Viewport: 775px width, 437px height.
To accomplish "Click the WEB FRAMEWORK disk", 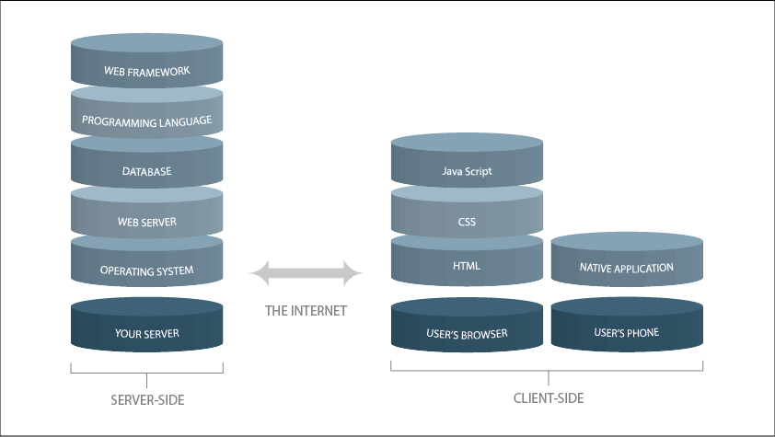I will click(146, 71).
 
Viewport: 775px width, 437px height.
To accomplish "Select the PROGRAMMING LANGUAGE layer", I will click(146, 121).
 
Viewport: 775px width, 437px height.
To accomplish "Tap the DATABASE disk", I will click(146, 171).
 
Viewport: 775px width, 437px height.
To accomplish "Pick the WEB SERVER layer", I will click(146, 222).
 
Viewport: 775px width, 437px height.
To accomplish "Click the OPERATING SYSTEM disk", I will click(146, 270).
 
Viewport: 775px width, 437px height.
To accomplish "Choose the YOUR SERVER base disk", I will click(146, 333).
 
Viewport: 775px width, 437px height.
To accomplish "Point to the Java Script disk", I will click(467, 171).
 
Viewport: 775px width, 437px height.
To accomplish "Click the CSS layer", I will click(467, 222).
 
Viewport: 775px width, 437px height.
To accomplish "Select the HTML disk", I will click(467, 267).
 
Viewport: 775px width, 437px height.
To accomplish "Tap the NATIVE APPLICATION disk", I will click(627, 268).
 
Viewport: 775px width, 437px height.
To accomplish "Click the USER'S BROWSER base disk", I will click(467, 333).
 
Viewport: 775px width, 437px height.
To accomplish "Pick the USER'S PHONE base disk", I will click(627, 333).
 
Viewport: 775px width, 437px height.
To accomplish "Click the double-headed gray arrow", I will click(307, 273).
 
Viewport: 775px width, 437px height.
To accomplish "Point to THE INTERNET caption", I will click(306, 311).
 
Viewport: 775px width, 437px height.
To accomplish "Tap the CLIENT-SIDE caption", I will click(549, 398).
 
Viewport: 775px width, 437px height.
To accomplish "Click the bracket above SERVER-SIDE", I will click(147, 373).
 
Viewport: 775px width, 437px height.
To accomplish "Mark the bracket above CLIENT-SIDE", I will click(549, 371).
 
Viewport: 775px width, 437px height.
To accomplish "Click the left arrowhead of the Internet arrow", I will click(259, 273).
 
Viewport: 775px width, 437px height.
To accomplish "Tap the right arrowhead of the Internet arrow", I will click(355, 273).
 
